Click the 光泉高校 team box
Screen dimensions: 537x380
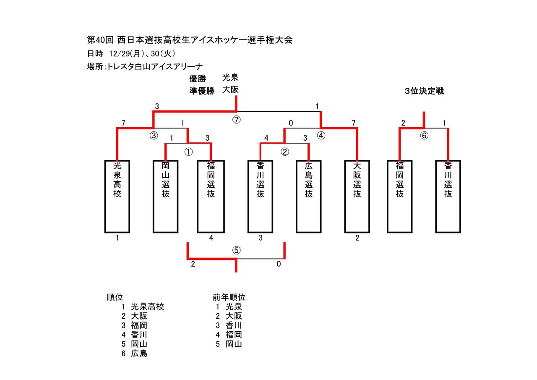click(117, 196)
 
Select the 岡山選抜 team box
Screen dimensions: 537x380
click(166, 196)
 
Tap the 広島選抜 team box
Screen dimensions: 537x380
click(309, 196)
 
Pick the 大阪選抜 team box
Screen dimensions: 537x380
click(357, 196)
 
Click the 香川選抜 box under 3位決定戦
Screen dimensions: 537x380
click(448, 196)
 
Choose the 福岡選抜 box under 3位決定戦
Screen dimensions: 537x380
click(399, 196)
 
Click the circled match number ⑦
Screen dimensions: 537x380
click(236, 120)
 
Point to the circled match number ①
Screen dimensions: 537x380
click(189, 152)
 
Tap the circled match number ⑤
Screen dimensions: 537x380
click(236, 251)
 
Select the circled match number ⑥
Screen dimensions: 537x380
click(424, 135)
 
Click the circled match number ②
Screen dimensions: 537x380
click(285, 152)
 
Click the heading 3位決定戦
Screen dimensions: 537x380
click(424, 91)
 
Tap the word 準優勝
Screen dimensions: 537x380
click(202, 91)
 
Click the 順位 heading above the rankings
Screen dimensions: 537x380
click(115, 297)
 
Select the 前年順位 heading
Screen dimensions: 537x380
click(229, 297)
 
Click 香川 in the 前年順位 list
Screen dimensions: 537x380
click(229, 325)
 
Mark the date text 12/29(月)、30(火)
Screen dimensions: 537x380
click(142, 53)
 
